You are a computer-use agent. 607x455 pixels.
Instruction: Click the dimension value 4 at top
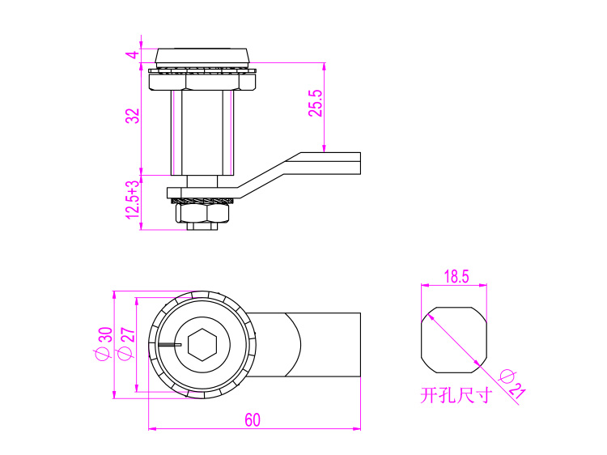[133, 54]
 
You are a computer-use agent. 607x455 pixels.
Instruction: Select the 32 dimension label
[133, 116]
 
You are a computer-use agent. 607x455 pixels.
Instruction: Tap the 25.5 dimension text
[316, 104]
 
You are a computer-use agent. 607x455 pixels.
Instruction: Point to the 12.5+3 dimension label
[133, 199]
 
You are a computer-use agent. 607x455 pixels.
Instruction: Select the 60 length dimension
[253, 420]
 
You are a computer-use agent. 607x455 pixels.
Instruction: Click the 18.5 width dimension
[456, 277]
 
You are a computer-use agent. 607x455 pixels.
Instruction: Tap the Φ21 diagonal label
[511, 385]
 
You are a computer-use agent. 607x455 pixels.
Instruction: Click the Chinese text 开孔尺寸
[456, 395]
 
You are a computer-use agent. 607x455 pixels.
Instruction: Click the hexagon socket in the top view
[202, 345]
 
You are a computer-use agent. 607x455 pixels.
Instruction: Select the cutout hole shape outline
[454, 340]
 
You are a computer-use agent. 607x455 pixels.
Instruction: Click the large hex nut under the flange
[202, 82]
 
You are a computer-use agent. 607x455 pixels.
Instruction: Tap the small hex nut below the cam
[202, 213]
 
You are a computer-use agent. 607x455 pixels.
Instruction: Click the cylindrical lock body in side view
[202, 133]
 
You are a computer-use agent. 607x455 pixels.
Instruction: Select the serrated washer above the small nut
[202, 201]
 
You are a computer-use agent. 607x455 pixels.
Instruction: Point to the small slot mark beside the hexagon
[170, 344]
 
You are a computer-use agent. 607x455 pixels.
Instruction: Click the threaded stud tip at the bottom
[202, 226]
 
